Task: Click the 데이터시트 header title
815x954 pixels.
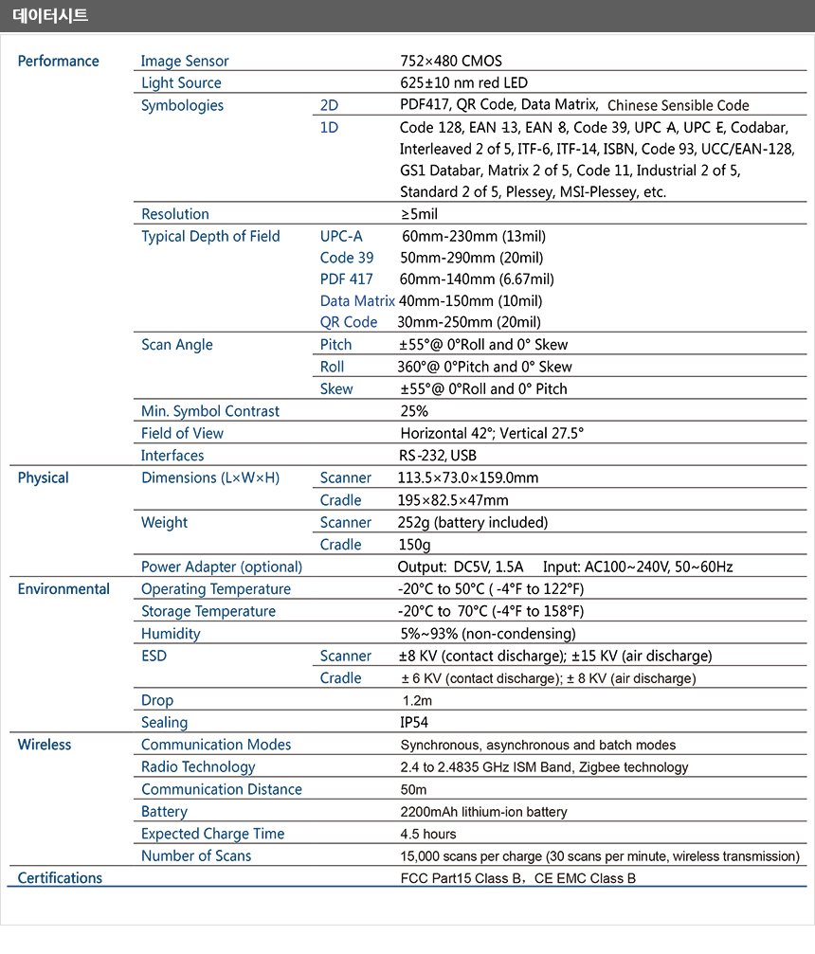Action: pyautogui.click(x=50, y=15)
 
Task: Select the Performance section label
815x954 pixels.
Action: pyautogui.click(x=58, y=61)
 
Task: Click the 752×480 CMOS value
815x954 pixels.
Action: pyautogui.click(x=451, y=61)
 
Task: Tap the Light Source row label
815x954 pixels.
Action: pyautogui.click(x=181, y=83)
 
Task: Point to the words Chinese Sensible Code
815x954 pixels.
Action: pyautogui.click(x=678, y=106)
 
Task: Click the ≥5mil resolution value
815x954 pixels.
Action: pyautogui.click(x=419, y=214)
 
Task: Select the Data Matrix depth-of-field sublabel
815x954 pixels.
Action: pyautogui.click(x=357, y=300)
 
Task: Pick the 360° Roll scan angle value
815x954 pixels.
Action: pyautogui.click(x=484, y=367)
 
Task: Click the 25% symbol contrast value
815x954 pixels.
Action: pyautogui.click(x=414, y=411)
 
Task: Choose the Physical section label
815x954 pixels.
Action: pyautogui.click(x=43, y=477)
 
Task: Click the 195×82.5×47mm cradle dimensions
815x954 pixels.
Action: pyautogui.click(x=453, y=500)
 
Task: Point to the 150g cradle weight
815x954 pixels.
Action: pyautogui.click(x=414, y=545)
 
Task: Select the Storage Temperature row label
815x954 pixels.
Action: pyautogui.click(x=208, y=611)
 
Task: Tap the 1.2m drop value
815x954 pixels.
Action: pyautogui.click(x=417, y=700)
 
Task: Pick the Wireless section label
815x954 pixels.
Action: pyautogui.click(x=44, y=745)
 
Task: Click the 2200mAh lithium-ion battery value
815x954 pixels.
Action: pyautogui.click(x=483, y=812)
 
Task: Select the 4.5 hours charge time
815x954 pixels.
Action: pyautogui.click(x=428, y=834)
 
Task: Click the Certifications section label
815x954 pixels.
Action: pyautogui.click(x=60, y=878)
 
